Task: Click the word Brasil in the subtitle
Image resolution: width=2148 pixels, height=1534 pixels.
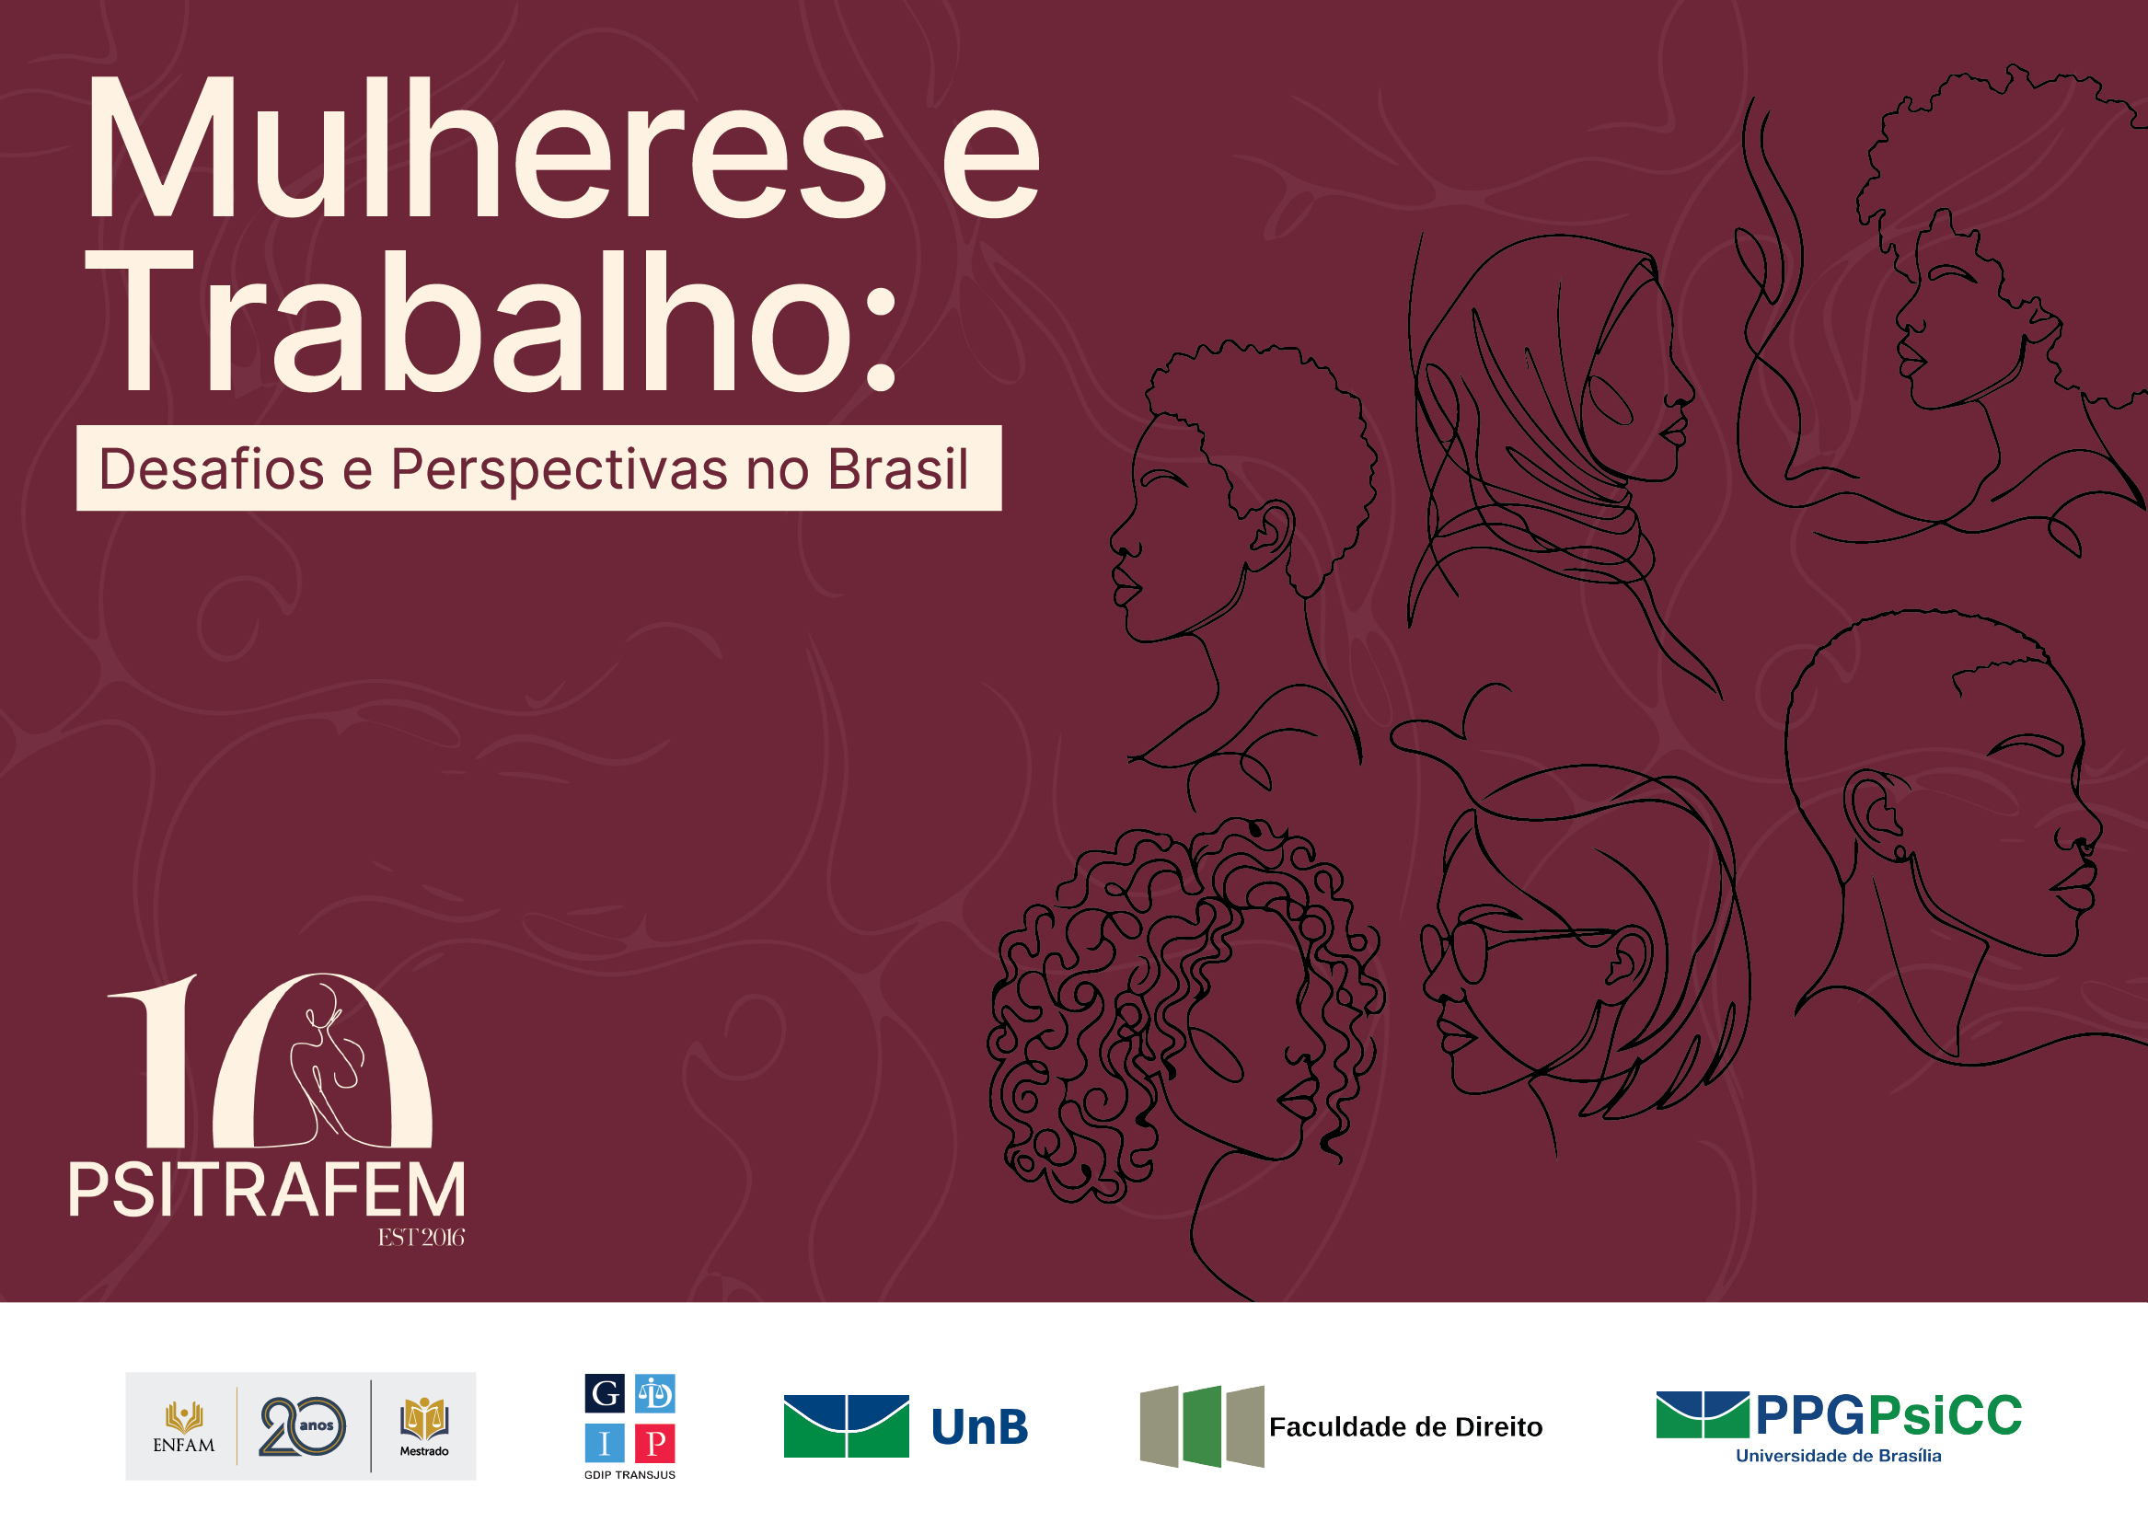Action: pyautogui.click(x=897, y=468)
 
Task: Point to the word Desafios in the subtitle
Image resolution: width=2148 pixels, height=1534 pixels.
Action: pyautogui.click(x=212, y=468)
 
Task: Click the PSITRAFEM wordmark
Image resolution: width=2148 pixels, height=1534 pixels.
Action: pyautogui.click(x=267, y=1190)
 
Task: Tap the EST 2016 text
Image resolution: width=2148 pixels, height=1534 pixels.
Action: pyautogui.click(x=422, y=1238)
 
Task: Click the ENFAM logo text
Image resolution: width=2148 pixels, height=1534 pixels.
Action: pyautogui.click(x=183, y=1446)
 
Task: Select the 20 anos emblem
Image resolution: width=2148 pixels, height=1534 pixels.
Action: pyautogui.click(x=302, y=1425)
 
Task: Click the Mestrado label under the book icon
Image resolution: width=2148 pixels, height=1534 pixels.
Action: pyautogui.click(x=424, y=1451)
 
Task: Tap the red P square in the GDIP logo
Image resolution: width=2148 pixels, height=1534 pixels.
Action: pyautogui.click(x=654, y=1443)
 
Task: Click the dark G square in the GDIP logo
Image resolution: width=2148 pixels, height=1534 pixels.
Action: pyautogui.click(x=605, y=1393)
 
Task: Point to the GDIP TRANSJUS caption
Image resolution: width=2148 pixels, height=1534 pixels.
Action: pyautogui.click(x=629, y=1474)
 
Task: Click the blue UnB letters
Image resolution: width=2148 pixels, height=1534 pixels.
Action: pyautogui.click(x=979, y=1426)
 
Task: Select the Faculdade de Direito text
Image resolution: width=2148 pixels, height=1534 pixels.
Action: pyautogui.click(x=1404, y=1426)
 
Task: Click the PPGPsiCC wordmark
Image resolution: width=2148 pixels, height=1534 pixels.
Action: pyautogui.click(x=1888, y=1415)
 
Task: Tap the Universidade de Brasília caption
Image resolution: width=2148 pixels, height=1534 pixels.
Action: pyautogui.click(x=1838, y=1456)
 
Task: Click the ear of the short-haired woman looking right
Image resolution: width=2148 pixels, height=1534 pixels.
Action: pyautogui.click(x=1876, y=813)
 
